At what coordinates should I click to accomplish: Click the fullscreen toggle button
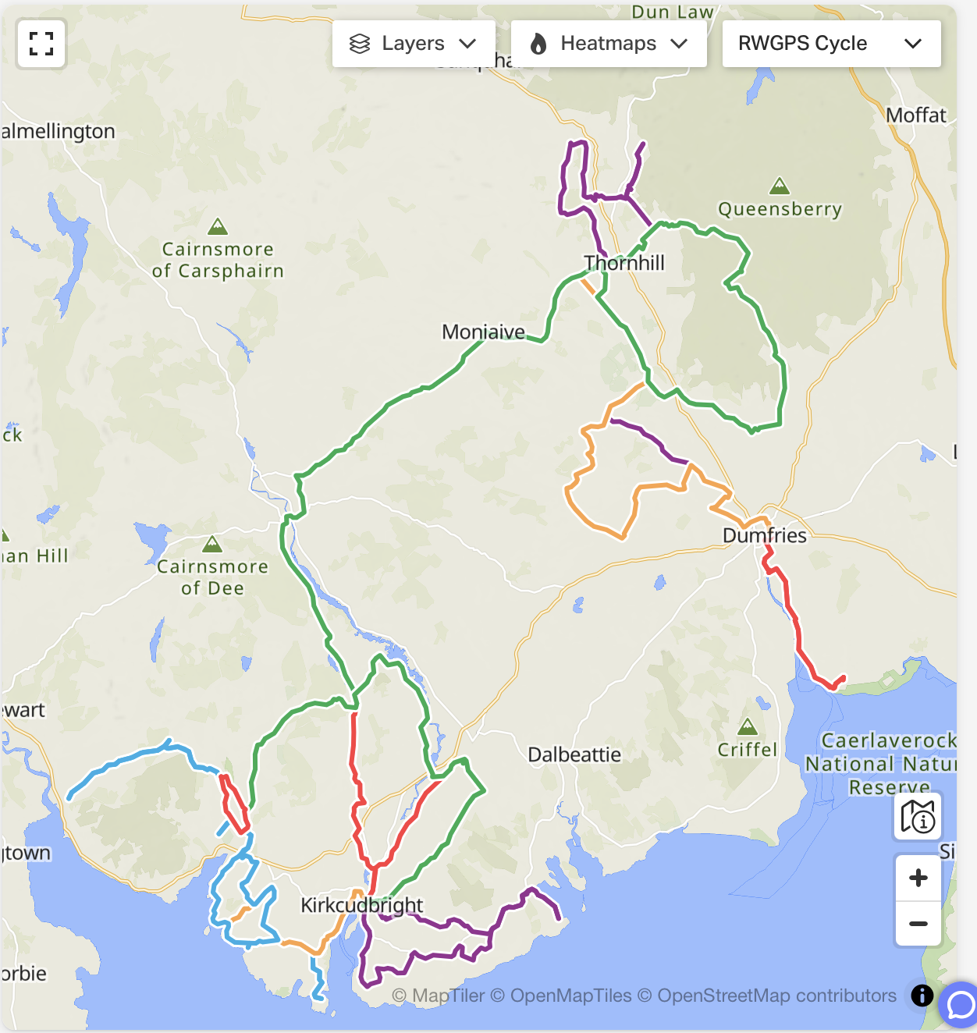(41, 44)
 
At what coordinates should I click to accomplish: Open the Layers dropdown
(413, 44)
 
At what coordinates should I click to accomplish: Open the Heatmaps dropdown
(608, 44)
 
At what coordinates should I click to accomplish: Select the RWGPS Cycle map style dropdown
(830, 44)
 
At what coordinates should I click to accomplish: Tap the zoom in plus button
(918, 878)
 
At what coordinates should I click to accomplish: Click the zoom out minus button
(918, 924)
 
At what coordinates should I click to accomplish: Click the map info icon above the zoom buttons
(918, 817)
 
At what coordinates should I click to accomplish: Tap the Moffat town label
(915, 115)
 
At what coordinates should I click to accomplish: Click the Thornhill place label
(624, 263)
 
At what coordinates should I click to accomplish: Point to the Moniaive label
(483, 332)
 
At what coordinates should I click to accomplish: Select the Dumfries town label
(764, 535)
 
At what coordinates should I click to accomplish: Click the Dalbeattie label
(574, 754)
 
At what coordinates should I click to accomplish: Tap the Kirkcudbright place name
(362, 905)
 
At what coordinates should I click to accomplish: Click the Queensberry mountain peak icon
(779, 187)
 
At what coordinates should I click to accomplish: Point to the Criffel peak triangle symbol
(748, 728)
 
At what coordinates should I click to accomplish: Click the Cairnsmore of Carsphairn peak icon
(218, 227)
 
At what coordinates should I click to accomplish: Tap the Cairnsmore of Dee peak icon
(212, 545)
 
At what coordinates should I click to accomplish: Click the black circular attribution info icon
(922, 996)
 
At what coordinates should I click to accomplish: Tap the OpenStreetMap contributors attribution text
(776, 996)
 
